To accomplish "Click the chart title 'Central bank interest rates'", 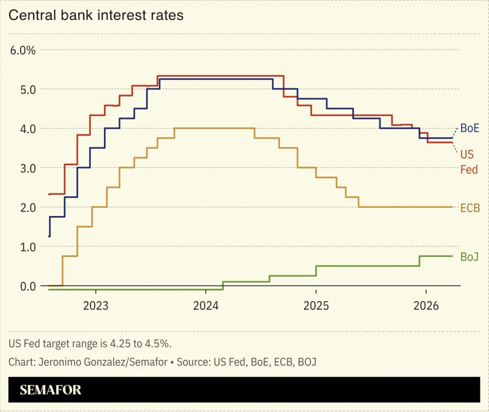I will pos(96,15).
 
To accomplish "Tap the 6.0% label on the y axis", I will pos(23,50).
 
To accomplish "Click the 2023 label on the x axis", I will pos(96,305).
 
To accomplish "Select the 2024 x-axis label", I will pos(206,305).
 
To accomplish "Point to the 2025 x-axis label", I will pos(316,305).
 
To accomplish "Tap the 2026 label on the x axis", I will pos(426,305).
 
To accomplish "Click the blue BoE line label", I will pos(469,128).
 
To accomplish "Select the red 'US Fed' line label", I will pos(469,162).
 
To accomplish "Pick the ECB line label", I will pos(470,208).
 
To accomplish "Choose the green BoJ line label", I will pos(469,256).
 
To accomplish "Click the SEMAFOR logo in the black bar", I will pos(51,390).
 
